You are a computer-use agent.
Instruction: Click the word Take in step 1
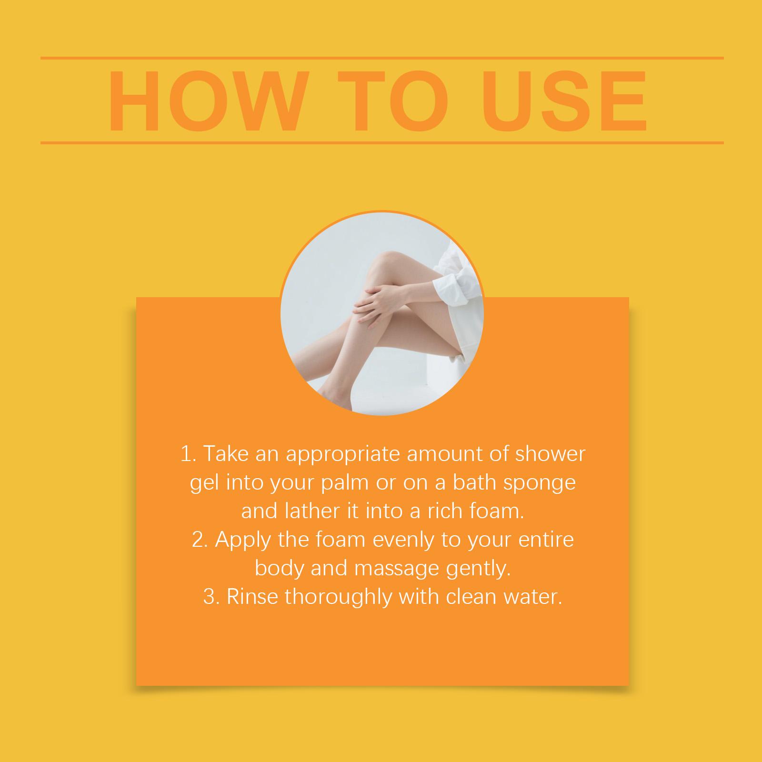tap(226, 454)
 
